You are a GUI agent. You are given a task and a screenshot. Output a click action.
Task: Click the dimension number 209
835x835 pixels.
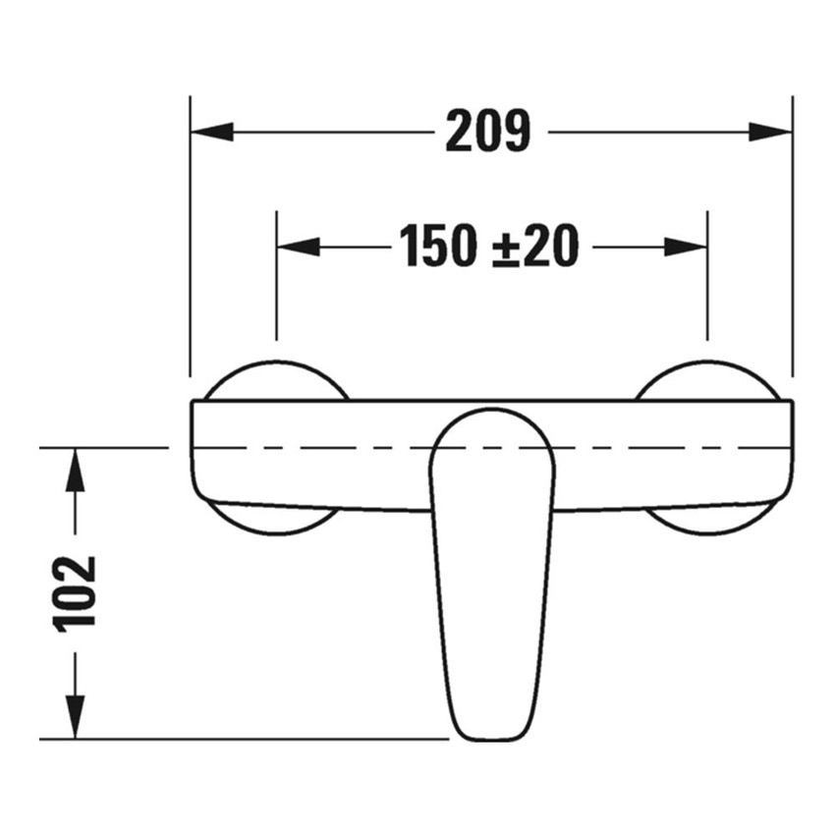pos(487,132)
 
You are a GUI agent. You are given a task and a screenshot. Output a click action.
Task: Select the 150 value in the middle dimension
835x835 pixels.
pos(436,247)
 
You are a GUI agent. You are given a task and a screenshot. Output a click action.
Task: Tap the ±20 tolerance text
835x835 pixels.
pos(533,247)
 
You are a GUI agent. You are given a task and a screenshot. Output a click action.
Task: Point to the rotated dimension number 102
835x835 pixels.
pos(78,592)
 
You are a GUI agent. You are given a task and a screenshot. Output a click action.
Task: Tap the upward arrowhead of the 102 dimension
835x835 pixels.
pos(76,470)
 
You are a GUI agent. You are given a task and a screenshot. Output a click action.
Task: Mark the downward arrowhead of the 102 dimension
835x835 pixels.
pos(76,716)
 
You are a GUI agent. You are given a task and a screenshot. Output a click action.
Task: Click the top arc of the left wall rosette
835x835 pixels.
pos(277,365)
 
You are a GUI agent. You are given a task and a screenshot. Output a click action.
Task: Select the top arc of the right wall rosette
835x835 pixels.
pos(706,365)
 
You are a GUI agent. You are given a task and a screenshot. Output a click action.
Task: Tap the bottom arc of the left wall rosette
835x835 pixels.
pos(277,530)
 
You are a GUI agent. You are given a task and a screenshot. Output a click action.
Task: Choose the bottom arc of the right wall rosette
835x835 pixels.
pos(706,530)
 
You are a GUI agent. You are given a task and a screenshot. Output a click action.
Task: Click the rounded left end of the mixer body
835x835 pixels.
pos(194,452)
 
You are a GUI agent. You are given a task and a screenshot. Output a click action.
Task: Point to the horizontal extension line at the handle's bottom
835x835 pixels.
pos(246,739)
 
